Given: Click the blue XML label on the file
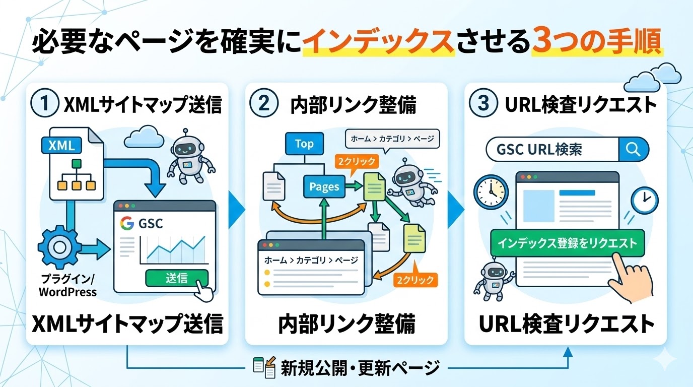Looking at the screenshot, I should point(61,146).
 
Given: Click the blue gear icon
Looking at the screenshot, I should point(59,247).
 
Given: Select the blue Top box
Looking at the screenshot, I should point(304,144).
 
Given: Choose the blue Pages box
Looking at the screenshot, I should point(324,187).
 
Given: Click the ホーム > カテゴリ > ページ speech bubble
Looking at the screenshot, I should point(392,138).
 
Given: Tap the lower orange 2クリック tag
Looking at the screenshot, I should point(415,280).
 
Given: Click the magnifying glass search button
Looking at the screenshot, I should point(633,150).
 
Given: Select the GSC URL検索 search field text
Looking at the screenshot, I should point(540,150).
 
